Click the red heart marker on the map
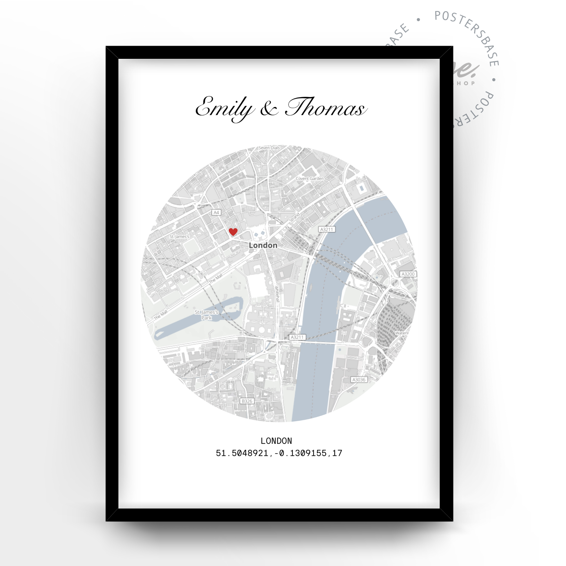pos(233,232)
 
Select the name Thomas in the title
pos(326,107)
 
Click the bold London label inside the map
pos(263,246)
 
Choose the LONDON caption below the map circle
pos(276,441)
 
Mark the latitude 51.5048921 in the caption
pos(242,453)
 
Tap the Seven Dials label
pos(269,148)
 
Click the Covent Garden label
pos(310,178)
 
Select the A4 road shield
pos(216,213)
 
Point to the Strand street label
pos(294,217)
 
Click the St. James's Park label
pos(206,315)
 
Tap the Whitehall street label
pos(277,293)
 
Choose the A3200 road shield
pos(408,274)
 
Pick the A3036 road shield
pos(359,380)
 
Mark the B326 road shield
pos(247,401)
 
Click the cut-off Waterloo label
pos(402,333)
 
